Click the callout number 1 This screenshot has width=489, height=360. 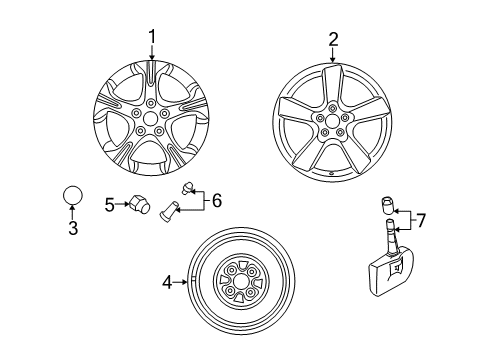pos(152,37)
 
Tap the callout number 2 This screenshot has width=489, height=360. pos(333,39)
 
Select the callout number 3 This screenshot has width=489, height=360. pos(73,228)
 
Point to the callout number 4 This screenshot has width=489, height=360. pos(167,283)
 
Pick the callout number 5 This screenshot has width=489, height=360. pos(109,205)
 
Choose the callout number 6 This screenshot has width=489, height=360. pos(217,201)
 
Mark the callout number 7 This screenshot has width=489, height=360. pos(421,220)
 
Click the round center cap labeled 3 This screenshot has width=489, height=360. pos(72,195)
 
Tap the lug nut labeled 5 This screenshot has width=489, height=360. pos(139,204)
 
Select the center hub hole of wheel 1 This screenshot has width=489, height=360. pos(150,118)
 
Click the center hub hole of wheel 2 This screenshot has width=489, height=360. pos(332,121)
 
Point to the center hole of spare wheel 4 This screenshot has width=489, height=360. pos(240,283)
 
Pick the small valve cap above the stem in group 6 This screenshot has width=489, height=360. pos(187,188)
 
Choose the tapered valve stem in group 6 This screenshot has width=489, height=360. pos(169,210)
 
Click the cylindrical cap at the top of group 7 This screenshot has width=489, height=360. pos(387,206)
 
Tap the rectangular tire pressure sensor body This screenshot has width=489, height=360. pos(391,270)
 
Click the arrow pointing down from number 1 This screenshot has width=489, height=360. pos(152,53)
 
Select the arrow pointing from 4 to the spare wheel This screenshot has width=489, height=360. pos(181,282)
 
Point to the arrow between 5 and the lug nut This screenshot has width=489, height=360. pos(122,204)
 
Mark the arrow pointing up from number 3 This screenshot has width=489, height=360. pos(72,212)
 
